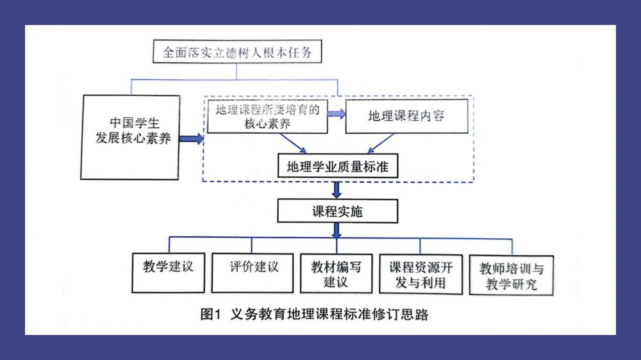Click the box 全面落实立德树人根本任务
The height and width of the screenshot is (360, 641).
click(x=237, y=52)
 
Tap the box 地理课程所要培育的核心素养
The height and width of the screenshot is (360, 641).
click(x=267, y=117)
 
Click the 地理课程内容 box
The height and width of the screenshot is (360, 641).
click(x=406, y=116)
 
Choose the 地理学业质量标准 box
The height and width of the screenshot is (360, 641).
click(x=338, y=167)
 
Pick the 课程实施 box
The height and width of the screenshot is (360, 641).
click(x=338, y=210)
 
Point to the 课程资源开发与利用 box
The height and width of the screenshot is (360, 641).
click(x=420, y=274)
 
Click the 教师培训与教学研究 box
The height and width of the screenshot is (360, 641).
click(x=511, y=276)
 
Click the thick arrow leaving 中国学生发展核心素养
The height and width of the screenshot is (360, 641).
click(x=190, y=138)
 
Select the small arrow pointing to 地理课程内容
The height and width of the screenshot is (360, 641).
click(x=337, y=114)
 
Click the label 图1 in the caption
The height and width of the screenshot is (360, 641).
click(x=210, y=314)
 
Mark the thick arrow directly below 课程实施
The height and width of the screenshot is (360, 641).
click(x=337, y=231)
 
